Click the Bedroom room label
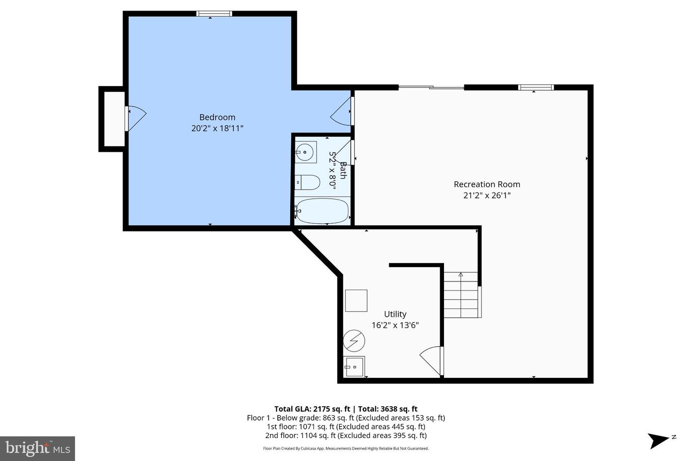217,117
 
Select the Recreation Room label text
487,184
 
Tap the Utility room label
395,314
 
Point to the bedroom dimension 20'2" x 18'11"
217,128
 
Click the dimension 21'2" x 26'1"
487,195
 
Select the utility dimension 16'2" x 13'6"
395,325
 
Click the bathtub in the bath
322,211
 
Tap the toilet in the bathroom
308,182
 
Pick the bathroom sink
305,153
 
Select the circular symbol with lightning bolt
354,341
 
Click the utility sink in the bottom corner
354,366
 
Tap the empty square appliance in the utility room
356,301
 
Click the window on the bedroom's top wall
214,14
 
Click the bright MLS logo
37,449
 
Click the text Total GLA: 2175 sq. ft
313,409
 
